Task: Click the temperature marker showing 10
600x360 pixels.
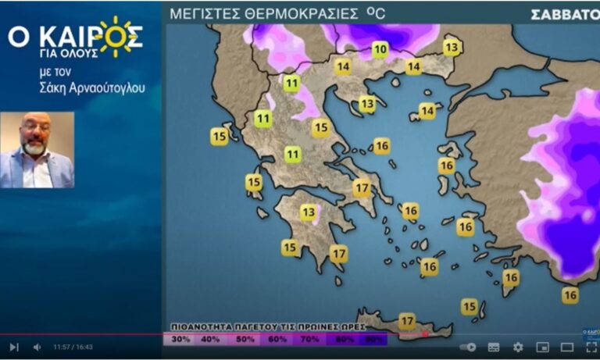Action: click(x=380, y=50)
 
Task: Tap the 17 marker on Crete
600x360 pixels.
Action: click(x=406, y=321)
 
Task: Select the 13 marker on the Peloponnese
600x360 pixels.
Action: click(x=309, y=212)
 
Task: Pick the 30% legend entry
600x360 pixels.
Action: click(x=181, y=339)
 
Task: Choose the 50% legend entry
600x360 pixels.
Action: click(x=245, y=339)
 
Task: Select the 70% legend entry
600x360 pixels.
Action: click(x=309, y=339)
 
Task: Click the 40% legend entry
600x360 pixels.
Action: click(x=211, y=339)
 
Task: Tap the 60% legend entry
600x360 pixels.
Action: click(x=277, y=339)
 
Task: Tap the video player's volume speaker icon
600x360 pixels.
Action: click(x=37, y=347)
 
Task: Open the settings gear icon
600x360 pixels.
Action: click(x=517, y=347)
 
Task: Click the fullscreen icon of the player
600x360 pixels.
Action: click(x=591, y=347)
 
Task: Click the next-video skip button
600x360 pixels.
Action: click(x=14, y=347)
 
